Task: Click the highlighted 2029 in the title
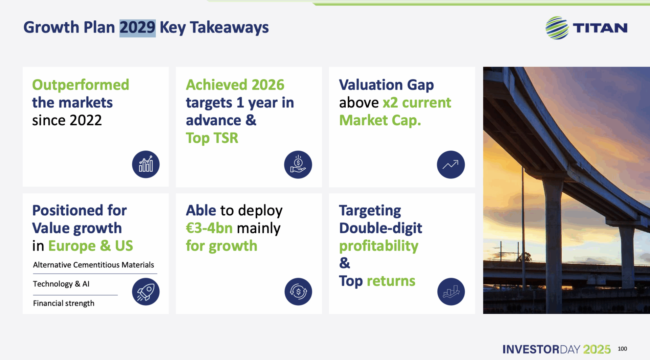137,28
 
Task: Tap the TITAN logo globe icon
557,28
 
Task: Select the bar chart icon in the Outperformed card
146,165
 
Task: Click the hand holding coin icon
298,165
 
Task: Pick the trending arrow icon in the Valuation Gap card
451,165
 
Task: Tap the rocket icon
146,292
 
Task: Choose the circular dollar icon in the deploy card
298,292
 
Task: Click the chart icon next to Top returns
451,292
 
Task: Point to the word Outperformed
81,85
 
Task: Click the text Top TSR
212,138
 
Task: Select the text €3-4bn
209,228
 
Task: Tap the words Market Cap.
380,121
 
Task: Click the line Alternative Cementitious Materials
93,265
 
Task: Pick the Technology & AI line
61,284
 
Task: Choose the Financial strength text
64,303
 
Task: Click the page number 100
622,349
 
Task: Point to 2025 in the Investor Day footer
597,349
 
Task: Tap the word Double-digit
381,228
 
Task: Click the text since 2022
67,121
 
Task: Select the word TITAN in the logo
600,28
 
